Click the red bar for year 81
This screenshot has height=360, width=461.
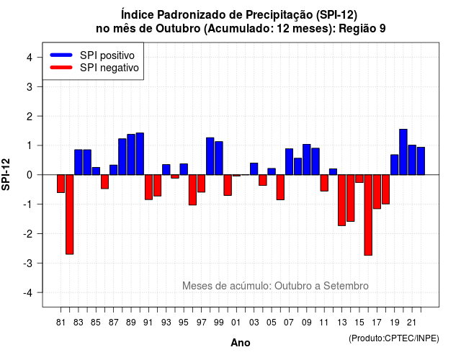61,184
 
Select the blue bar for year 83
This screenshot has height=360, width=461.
79,162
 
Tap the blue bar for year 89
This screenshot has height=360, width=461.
131,155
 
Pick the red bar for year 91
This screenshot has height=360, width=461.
149,187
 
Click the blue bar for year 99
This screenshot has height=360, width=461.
219,158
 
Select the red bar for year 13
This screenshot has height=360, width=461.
342,200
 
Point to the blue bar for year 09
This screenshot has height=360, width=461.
307,160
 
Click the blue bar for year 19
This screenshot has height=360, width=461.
395,165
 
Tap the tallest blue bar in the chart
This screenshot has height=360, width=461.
403,152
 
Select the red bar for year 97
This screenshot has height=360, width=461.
202,184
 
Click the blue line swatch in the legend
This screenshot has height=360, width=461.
61,55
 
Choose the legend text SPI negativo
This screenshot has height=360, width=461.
109,68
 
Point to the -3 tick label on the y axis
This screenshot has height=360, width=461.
28,263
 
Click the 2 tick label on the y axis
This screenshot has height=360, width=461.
30,117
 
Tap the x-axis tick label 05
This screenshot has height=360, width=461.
272,323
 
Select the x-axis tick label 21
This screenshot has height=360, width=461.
412,323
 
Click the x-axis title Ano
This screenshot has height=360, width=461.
241,343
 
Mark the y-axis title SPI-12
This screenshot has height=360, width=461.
6,174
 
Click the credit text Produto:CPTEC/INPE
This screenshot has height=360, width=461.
394,338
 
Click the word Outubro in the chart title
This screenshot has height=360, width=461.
178,29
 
